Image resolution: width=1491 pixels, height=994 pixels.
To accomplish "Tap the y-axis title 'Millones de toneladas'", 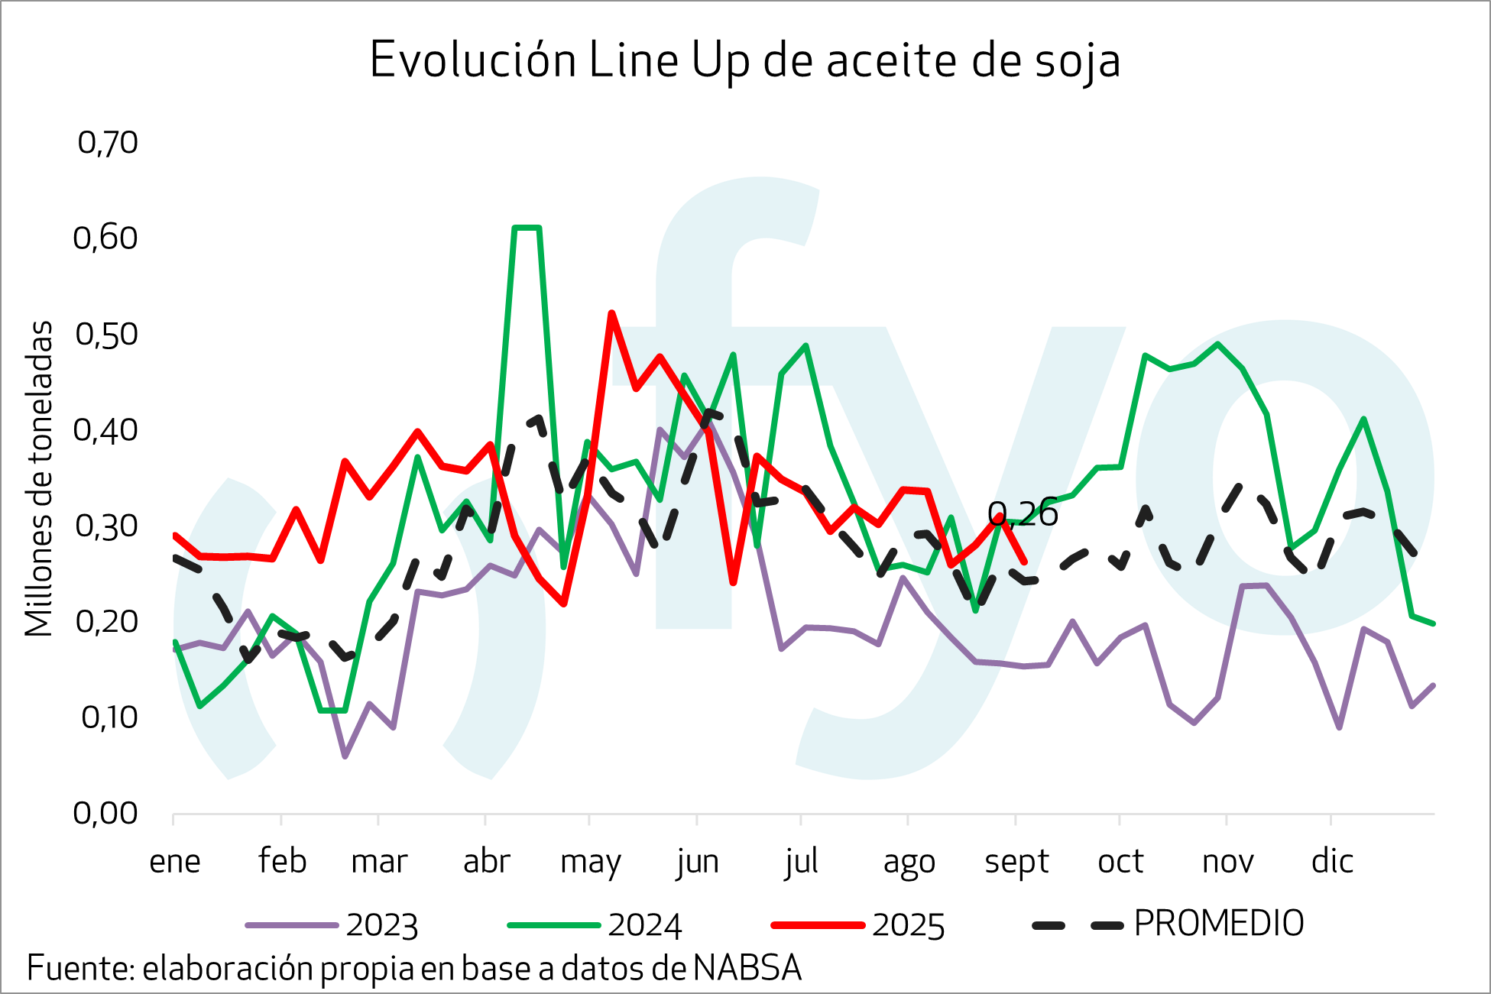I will click(39, 478).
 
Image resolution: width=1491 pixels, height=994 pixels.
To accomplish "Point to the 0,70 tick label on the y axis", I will click(108, 143).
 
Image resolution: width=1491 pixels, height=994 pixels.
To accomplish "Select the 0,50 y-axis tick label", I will click(106, 335).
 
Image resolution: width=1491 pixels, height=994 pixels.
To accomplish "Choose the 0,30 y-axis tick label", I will click(106, 526).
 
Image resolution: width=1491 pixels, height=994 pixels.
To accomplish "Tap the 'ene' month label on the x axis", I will click(174, 862).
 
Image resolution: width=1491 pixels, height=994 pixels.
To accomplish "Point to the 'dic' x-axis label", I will click(1332, 862).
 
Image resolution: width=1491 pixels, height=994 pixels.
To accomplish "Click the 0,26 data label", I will click(1023, 514).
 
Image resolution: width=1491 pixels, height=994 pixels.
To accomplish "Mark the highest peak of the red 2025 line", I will click(611, 312).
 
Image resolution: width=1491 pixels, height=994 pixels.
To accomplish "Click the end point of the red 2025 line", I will click(1024, 562).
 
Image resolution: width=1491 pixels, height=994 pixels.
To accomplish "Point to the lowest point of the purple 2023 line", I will click(345, 756).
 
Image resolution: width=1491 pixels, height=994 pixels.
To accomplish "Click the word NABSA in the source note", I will click(747, 969).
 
